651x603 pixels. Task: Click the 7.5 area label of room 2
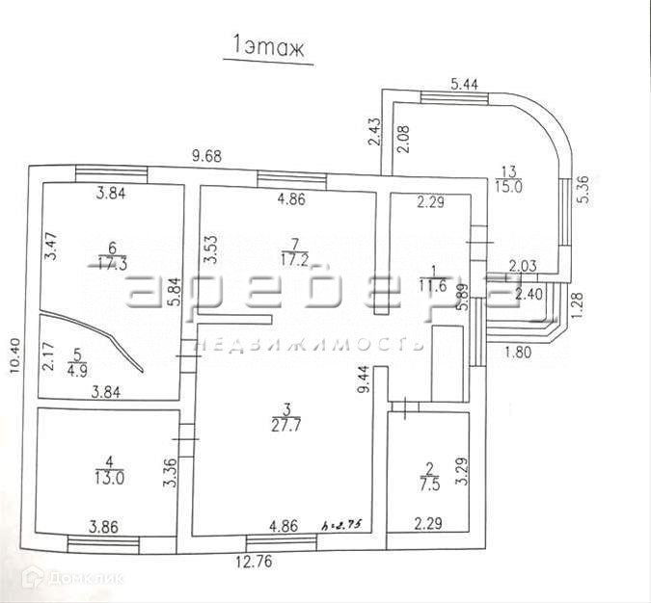tap(428, 486)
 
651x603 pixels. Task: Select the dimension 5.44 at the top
tap(466, 84)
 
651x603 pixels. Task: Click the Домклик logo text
tap(88, 578)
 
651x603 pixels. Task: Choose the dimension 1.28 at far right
tap(578, 303)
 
